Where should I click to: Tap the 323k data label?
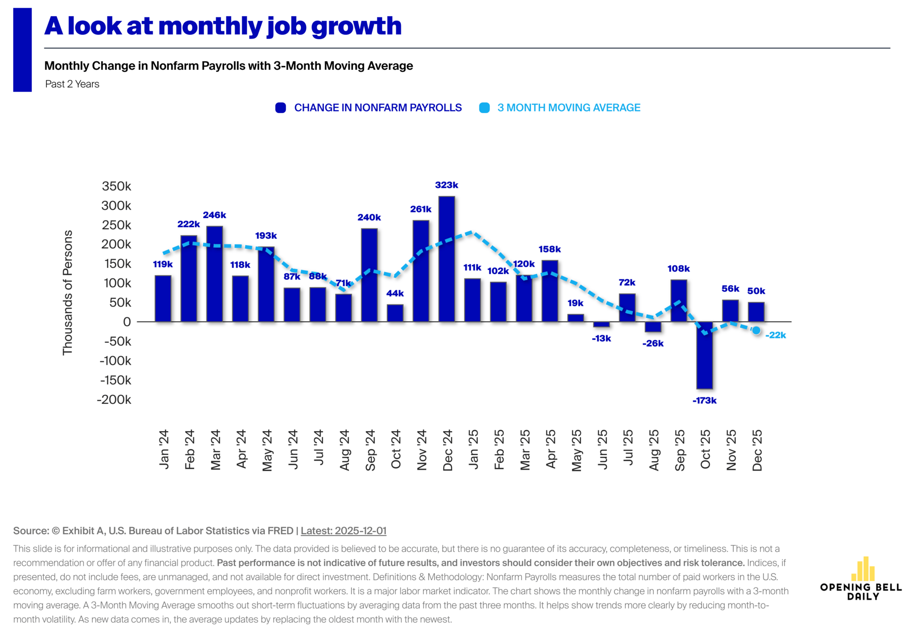447,185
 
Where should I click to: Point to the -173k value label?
705,401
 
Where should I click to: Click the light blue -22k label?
776,335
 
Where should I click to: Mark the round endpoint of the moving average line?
756,330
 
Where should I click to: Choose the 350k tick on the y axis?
116,186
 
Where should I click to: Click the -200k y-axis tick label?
114,400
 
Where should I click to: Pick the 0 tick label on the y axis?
127,322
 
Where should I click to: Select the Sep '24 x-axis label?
370,450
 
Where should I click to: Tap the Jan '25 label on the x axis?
473,449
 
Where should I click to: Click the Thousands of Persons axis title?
68,293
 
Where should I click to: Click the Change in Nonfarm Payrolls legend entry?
368,108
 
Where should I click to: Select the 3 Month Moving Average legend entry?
560,108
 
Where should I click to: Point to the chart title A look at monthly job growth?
223,26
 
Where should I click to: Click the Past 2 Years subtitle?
73,84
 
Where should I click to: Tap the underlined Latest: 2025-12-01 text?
343,531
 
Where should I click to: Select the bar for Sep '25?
679,301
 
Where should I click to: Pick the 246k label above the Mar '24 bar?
215,215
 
